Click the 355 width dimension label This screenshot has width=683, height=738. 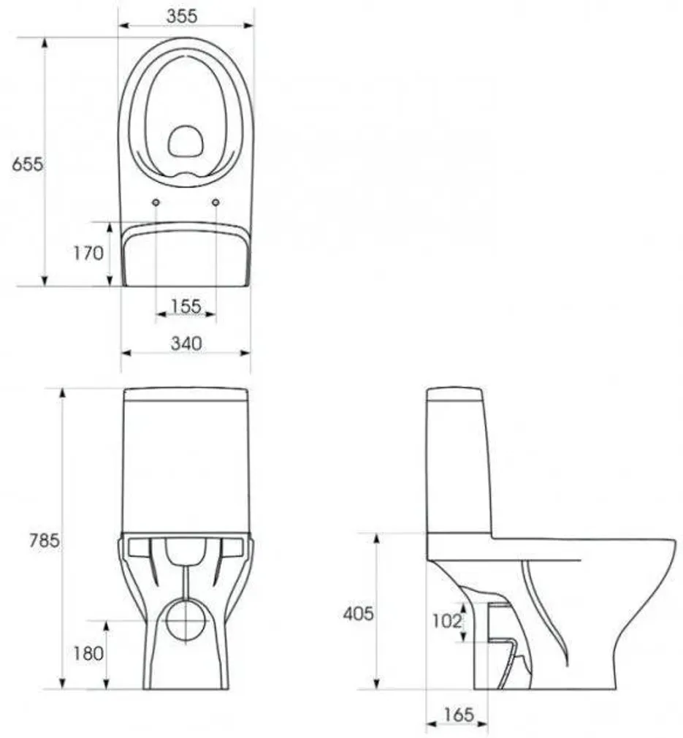coord(182,15)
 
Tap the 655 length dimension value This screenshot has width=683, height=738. coord(27,164)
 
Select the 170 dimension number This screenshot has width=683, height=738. coord(88,254)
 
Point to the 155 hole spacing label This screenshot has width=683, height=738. coord(186,306)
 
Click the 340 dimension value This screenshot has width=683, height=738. coord(186,343)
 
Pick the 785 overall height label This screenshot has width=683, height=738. coord(45,540)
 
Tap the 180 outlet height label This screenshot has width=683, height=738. coord(88,653)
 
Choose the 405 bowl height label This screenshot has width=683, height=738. coord(359,614)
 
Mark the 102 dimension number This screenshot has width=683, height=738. coord(447,621)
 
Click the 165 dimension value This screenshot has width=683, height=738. coord(459,715)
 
